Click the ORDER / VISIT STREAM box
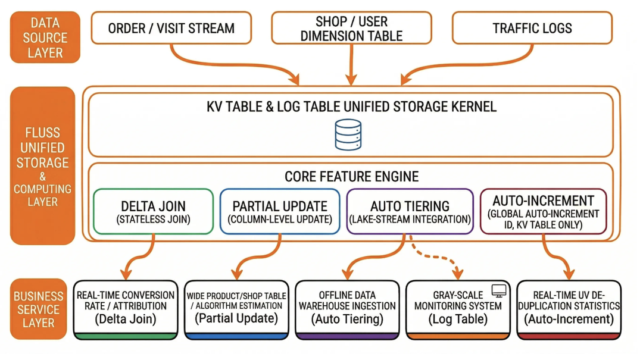coord(171,28)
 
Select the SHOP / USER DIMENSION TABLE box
coord(351,28)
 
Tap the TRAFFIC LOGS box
coord(532,28)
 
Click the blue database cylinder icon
coord(348,134)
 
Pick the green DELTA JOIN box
coord(154,211)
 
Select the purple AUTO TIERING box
coord(410,211)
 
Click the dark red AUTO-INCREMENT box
coord(543,211)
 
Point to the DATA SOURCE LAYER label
coord(45,37)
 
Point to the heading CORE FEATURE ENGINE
coord(351,177)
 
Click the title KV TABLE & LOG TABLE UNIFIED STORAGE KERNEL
coord(351,107)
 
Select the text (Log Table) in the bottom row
coord(458,319)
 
